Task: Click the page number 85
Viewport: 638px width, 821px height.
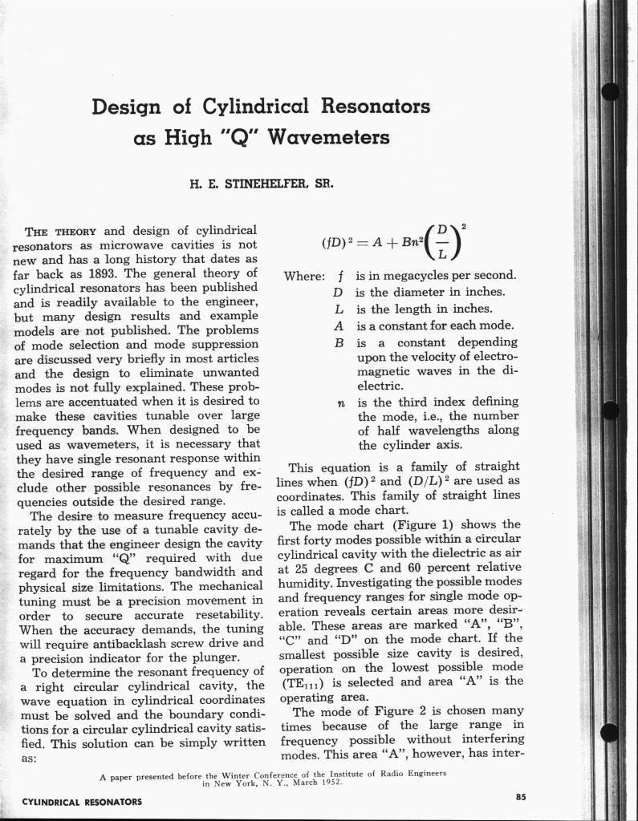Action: click(521, 796)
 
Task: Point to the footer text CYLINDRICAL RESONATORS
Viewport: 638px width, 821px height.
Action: click(81, 802)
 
